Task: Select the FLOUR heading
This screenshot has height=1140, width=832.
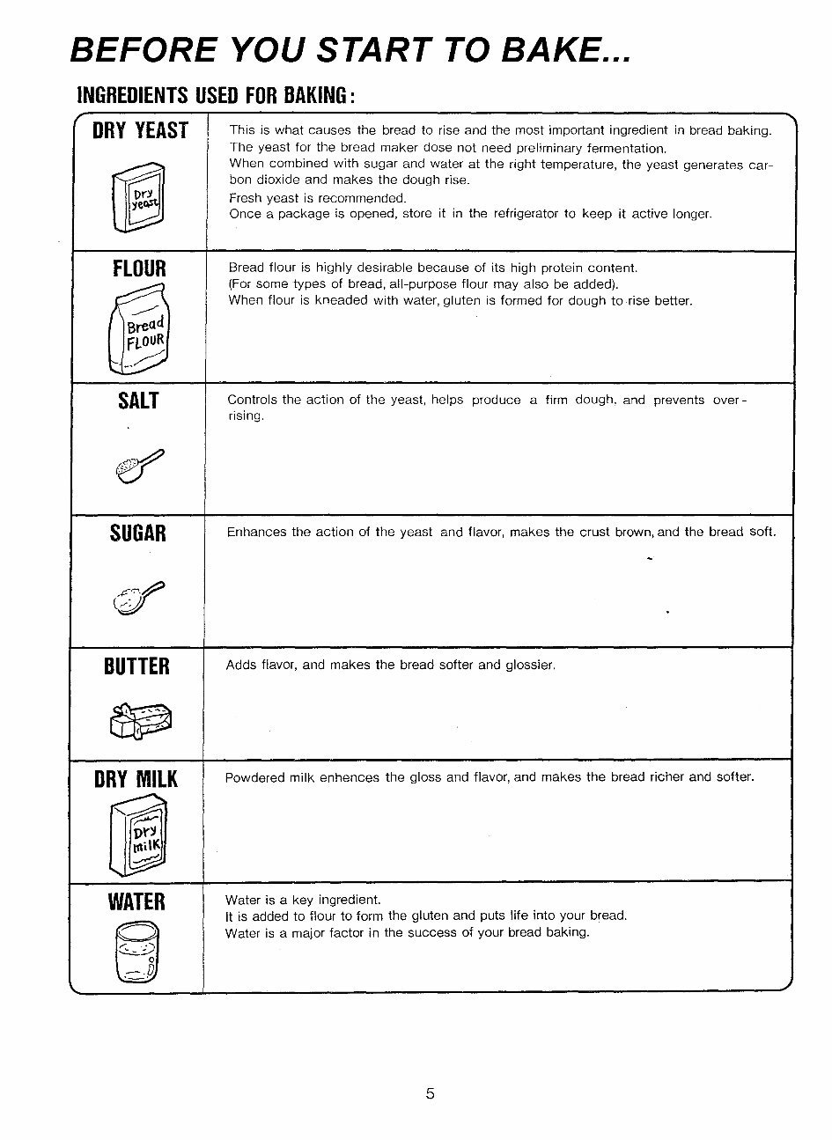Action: (139, 268)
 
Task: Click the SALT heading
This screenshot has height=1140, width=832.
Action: (138, 401)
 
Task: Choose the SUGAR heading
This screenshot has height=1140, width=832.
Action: (138, 533)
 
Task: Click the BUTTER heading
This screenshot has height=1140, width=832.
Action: (136, 666)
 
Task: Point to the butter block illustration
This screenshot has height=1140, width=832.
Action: (141, 721)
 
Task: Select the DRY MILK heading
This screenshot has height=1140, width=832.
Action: (136, 780)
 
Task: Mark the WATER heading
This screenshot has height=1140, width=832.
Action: (136, 902)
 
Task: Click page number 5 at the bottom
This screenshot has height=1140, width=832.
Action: (431, 1094)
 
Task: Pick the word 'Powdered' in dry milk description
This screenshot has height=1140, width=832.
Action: (254, 777)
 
